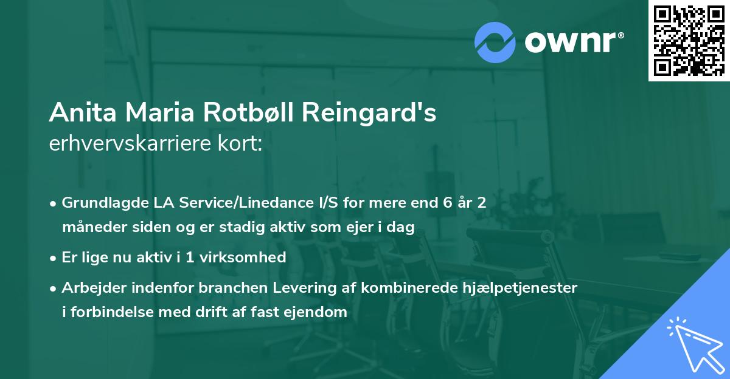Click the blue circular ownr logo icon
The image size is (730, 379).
coord(495,43)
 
